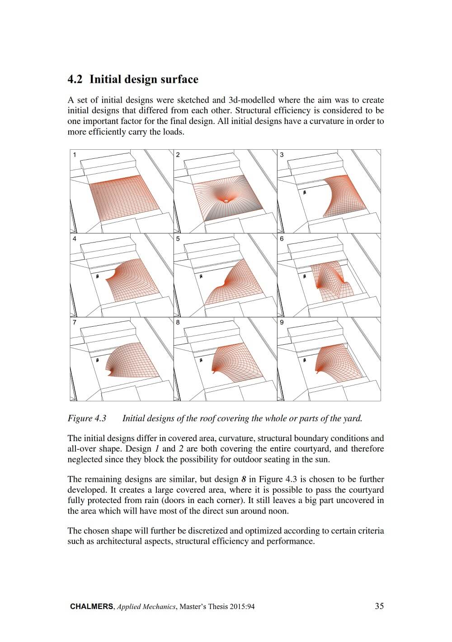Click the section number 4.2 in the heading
click(x=75, y=80)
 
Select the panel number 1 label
click(x=75, y=155)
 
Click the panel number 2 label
click(x=178, y=155)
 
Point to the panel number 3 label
click(x=282, y=155)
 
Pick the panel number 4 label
click(x=75, y=238)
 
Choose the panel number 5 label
click(x=178, y=238)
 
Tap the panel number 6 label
click(x=282, y=238)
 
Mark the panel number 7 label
click(x=75, y=322)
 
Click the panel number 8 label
click(x=178, y=322)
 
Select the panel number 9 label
click(x=282, y=322)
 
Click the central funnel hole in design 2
click(x=226, y=200)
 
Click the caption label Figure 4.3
click(x=87, y=418)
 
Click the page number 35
click(x=379, y=606)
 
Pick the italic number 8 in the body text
click(x=243, y=479)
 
